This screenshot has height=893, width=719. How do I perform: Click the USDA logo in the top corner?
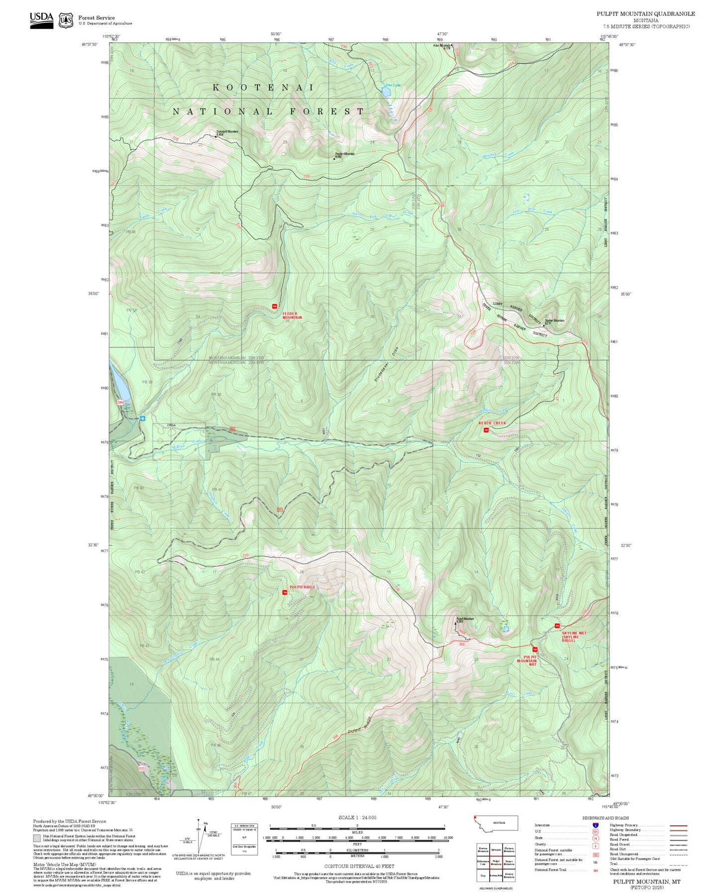click(x=41, y=19)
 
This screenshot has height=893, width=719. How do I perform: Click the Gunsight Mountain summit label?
click(x=227, y=132)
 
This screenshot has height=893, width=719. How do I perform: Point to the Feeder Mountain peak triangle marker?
click(x=334, y=159)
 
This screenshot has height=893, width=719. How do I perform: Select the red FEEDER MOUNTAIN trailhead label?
click(x=292, y=316)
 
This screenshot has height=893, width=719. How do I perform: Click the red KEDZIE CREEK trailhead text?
click(x=492, y=423)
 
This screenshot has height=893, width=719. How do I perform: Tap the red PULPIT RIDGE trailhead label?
click(x=303, y=587)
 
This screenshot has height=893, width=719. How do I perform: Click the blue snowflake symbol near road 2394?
click(x=142, y=419)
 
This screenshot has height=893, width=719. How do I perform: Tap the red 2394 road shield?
click(x=120, y=402)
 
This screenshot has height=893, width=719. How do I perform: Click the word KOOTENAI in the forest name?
click(x=263, y=88)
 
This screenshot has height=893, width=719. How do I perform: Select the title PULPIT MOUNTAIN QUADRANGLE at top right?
click(x=645, y=14)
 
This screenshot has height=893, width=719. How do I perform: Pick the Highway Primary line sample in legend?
click(x=679, y=825)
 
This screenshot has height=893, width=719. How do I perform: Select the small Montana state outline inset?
click(x=496, y=823)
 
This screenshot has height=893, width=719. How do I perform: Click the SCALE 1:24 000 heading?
click(x=357, y=817)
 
